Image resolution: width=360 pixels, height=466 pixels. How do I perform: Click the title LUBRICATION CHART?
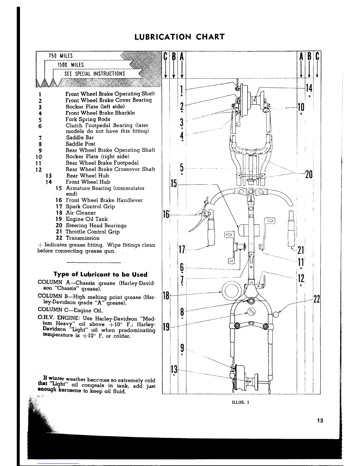[179, 37]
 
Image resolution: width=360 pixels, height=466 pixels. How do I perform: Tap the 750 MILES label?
[61, 56]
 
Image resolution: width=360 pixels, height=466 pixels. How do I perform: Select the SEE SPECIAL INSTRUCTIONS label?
[95, 74]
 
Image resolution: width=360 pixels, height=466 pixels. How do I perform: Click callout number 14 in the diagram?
[309, 88]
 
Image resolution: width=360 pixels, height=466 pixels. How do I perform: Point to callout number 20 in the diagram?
[309, 174]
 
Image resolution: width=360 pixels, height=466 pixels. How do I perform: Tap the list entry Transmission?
[82, 238]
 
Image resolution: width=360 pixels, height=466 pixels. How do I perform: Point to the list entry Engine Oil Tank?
[86, 219]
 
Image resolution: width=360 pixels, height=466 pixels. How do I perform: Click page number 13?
[320, 420]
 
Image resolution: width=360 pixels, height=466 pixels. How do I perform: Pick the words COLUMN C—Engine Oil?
[71, 310]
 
